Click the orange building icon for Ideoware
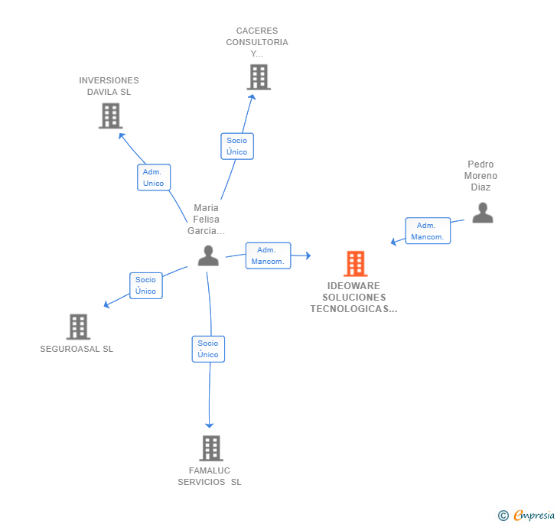[x=355, y=264]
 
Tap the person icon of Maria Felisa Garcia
[x=208, y=255]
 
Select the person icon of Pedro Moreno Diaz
[x=482, y=213]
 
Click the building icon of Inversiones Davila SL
[x=111, y=116]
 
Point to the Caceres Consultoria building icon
[x=259, y=77]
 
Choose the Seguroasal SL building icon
[x=78, y=327]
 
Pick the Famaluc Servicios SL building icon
[x=210, y=448]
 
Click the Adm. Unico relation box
[x=154, y=177]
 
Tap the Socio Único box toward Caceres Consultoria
[x=237, y=146]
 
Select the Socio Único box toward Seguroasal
[x=146, y=285]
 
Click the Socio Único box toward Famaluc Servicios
[x=208, y=349]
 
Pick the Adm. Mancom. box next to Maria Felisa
[x=267, y=255]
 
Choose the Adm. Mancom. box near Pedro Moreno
[x=427, y=231]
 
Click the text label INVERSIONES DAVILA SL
[x=109, y=86]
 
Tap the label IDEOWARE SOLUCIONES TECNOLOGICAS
[x=353, y=298]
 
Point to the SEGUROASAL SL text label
[x=77, y=349]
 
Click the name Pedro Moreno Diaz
[x=481, y=175]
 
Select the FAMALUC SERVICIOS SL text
[x=210, y=476]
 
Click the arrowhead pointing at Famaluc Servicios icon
[x=209, y=425]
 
